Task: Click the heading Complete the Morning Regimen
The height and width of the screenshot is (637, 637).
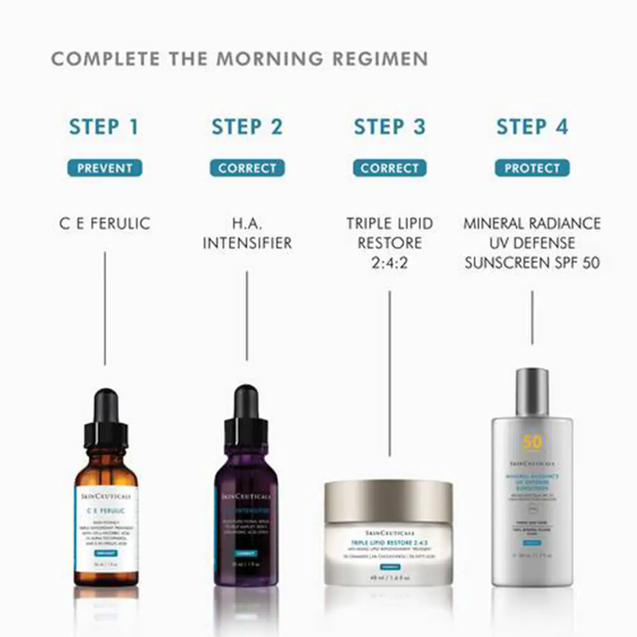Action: pyautogui.click(x=240, y=59)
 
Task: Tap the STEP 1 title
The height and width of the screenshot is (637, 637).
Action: pyautogui.click(x=104, y=127)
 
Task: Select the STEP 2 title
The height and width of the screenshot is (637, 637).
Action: pyautogui.click(x=247, y=127)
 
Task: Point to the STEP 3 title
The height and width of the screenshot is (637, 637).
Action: pyautogui.click(x=389, y=127)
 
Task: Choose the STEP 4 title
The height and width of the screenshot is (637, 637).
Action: pyautogui.click(x=532, y=127)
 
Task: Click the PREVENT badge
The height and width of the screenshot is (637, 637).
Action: pyautogui.click(x=104, y=169)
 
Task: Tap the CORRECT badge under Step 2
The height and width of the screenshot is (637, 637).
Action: pyautogui.click(x=247, y=169)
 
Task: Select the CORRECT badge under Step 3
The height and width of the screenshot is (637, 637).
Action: pyautogui.click(x=389, y=169)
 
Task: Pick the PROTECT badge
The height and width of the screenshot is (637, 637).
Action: pyautogui.click(x=532, y=169)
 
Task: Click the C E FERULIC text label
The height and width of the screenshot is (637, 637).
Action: pyautogui.click(x=104, y=224)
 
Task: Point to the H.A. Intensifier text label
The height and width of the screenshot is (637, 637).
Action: pyautogui.click(x=247, y=233)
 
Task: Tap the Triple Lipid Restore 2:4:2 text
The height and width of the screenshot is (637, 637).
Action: pyautogui.click(x=389, y=243)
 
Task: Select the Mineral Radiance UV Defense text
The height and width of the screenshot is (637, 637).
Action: pyautogui.click(x=532, y=243)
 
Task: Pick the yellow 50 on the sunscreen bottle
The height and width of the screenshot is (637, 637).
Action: pyautogui.click(x=532, y=441)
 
